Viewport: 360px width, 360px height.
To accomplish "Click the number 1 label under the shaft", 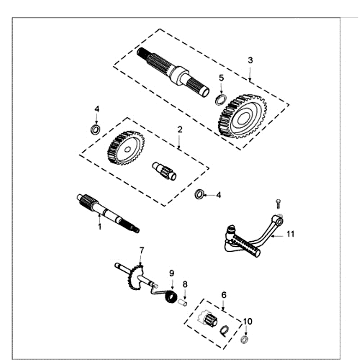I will coord(99,227).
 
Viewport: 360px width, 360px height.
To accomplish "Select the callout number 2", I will coord(180,129).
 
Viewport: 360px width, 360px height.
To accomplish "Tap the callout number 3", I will coord(250,60).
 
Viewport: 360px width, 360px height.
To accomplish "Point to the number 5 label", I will coord(221,77).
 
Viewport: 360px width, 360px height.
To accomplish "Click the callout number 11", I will coord(290,234).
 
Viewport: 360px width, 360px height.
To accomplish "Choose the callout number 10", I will coord(247,321).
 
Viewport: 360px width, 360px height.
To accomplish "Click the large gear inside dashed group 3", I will coord(243,116).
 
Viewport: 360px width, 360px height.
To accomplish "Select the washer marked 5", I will coord(220,99).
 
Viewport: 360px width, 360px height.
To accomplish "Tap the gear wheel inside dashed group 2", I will coord(126,148).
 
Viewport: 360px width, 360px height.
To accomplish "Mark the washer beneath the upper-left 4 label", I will coord(95,130).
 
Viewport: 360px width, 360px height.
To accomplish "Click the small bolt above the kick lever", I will coord(278,203).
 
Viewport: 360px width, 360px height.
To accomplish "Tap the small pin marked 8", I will coord(184,301).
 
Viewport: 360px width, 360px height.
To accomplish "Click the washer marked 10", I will coord(245,339).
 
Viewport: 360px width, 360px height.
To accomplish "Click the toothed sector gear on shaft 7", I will coord(135,278).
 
